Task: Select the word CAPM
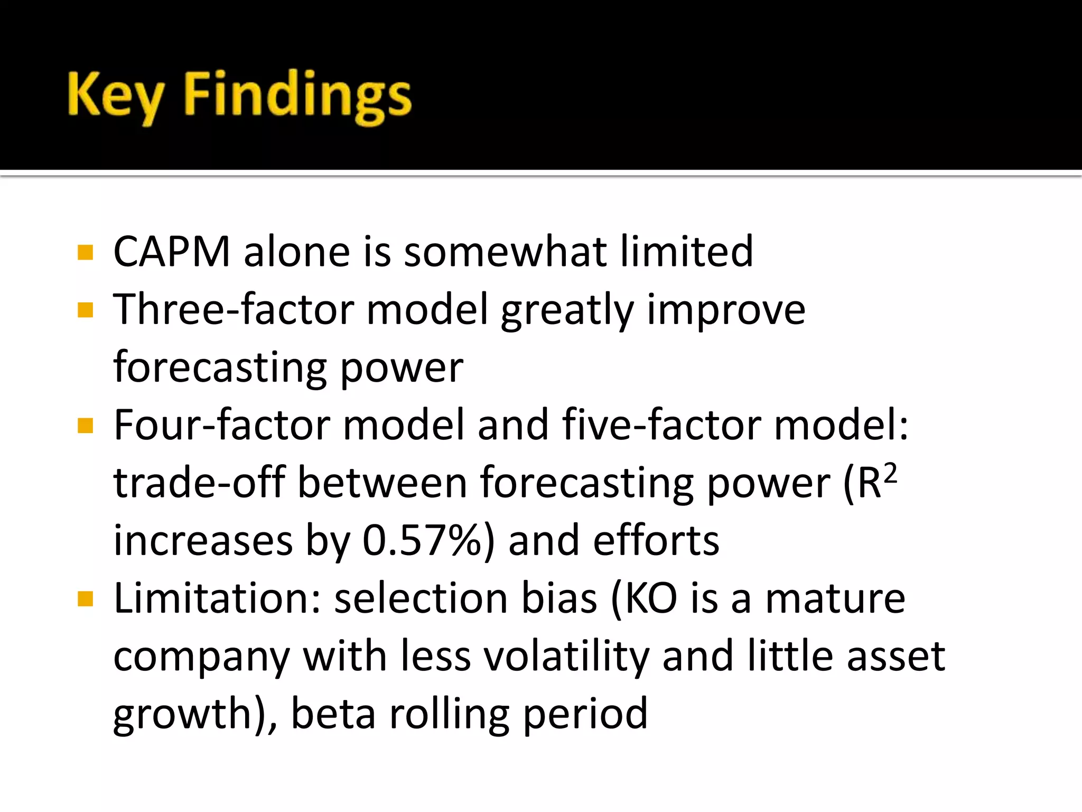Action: [172, 252]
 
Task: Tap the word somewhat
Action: [505, 252]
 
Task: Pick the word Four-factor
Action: [222, 425]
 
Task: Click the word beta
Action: [333, 714]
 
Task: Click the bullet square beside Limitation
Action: [85, 599]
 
